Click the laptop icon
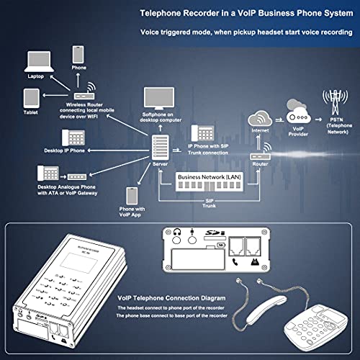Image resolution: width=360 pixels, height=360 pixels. point(37,61)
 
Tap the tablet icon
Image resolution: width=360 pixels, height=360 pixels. point(31,97)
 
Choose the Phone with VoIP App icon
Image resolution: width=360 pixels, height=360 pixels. point(132,196)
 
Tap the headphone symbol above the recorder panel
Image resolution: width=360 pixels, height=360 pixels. point(176,232)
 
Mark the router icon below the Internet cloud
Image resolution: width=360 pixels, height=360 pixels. point(258,153)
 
